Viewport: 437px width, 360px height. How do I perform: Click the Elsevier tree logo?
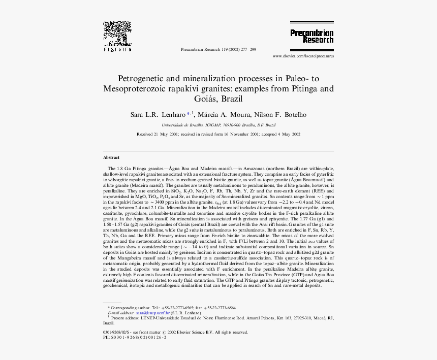117,35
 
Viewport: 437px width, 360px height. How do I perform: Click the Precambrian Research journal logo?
311,33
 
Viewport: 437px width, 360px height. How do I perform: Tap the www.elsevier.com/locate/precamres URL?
303,56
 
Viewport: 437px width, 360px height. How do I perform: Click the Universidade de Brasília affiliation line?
218,125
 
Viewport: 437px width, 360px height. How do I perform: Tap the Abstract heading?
111,158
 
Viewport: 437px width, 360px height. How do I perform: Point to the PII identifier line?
135,337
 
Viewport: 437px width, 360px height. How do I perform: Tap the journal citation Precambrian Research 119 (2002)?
218,49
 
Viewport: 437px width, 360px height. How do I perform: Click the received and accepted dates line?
218,135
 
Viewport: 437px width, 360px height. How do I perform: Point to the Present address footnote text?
218,318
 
